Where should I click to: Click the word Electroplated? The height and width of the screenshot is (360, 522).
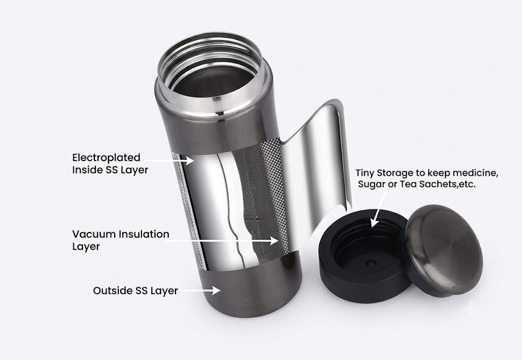pyautogui.click(x=106, y=158)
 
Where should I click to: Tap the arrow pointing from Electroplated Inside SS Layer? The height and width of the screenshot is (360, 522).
pyautogui.click(x=169, y=161)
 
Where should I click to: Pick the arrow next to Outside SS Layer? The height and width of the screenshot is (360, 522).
pyautogui.click(x=203, y=291)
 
